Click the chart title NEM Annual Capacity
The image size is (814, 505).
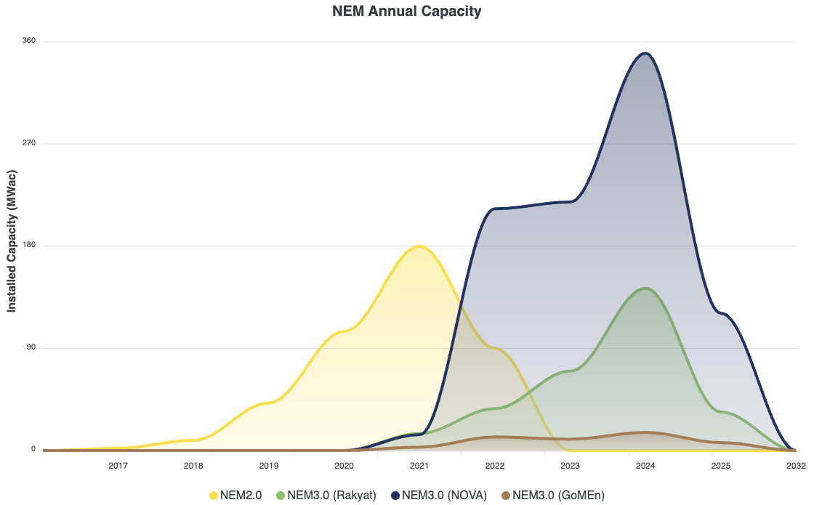(x=406, y=11)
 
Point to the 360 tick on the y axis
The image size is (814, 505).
(x=29, y=41)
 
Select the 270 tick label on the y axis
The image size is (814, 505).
(x=29, y=143)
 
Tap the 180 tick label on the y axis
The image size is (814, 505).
(x=29, y=246)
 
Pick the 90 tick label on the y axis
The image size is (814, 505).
(x=31, y=347)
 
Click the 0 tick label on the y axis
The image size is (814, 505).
(x=33, y=450)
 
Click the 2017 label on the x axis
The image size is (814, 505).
(x=118, y=466)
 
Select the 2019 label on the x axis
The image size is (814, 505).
(x=268, y=466)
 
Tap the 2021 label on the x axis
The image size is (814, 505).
(x=419, y=466)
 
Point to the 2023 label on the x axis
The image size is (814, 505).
(x=570, y=466)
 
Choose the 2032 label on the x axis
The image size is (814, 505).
(x=796, y=466)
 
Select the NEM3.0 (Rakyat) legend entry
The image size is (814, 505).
(x=326, y=496)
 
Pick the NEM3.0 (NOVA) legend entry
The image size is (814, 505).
(x=439, y=496)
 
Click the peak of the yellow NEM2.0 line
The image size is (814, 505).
(x=419, y=246)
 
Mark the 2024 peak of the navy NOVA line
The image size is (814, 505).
(x=645, y=53)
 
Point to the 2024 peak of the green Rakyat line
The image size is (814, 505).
(x=645, y=288)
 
